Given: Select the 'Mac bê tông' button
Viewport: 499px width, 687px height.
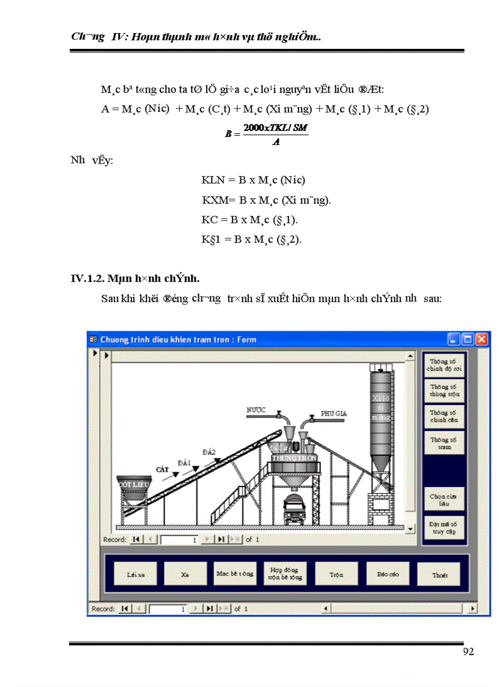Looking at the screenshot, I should (x=234, y=574).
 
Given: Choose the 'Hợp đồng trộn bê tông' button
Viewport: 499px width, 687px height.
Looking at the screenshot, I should (x=285, y=574).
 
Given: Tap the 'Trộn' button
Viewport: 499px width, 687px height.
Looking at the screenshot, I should (x=336, y=574).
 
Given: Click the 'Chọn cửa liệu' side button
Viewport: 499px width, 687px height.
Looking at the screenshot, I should (x=443, y=500).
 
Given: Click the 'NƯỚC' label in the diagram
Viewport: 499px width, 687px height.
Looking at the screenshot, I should (x=256, y=409).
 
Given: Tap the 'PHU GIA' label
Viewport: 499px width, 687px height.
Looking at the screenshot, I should (x=334, y=414).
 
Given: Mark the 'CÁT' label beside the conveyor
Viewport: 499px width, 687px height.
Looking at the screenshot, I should (x=162, y=469).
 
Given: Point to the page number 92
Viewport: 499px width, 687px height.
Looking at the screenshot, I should (x=468, y=652).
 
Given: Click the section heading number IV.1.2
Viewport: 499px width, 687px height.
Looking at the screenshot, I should (x=87, y=279).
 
